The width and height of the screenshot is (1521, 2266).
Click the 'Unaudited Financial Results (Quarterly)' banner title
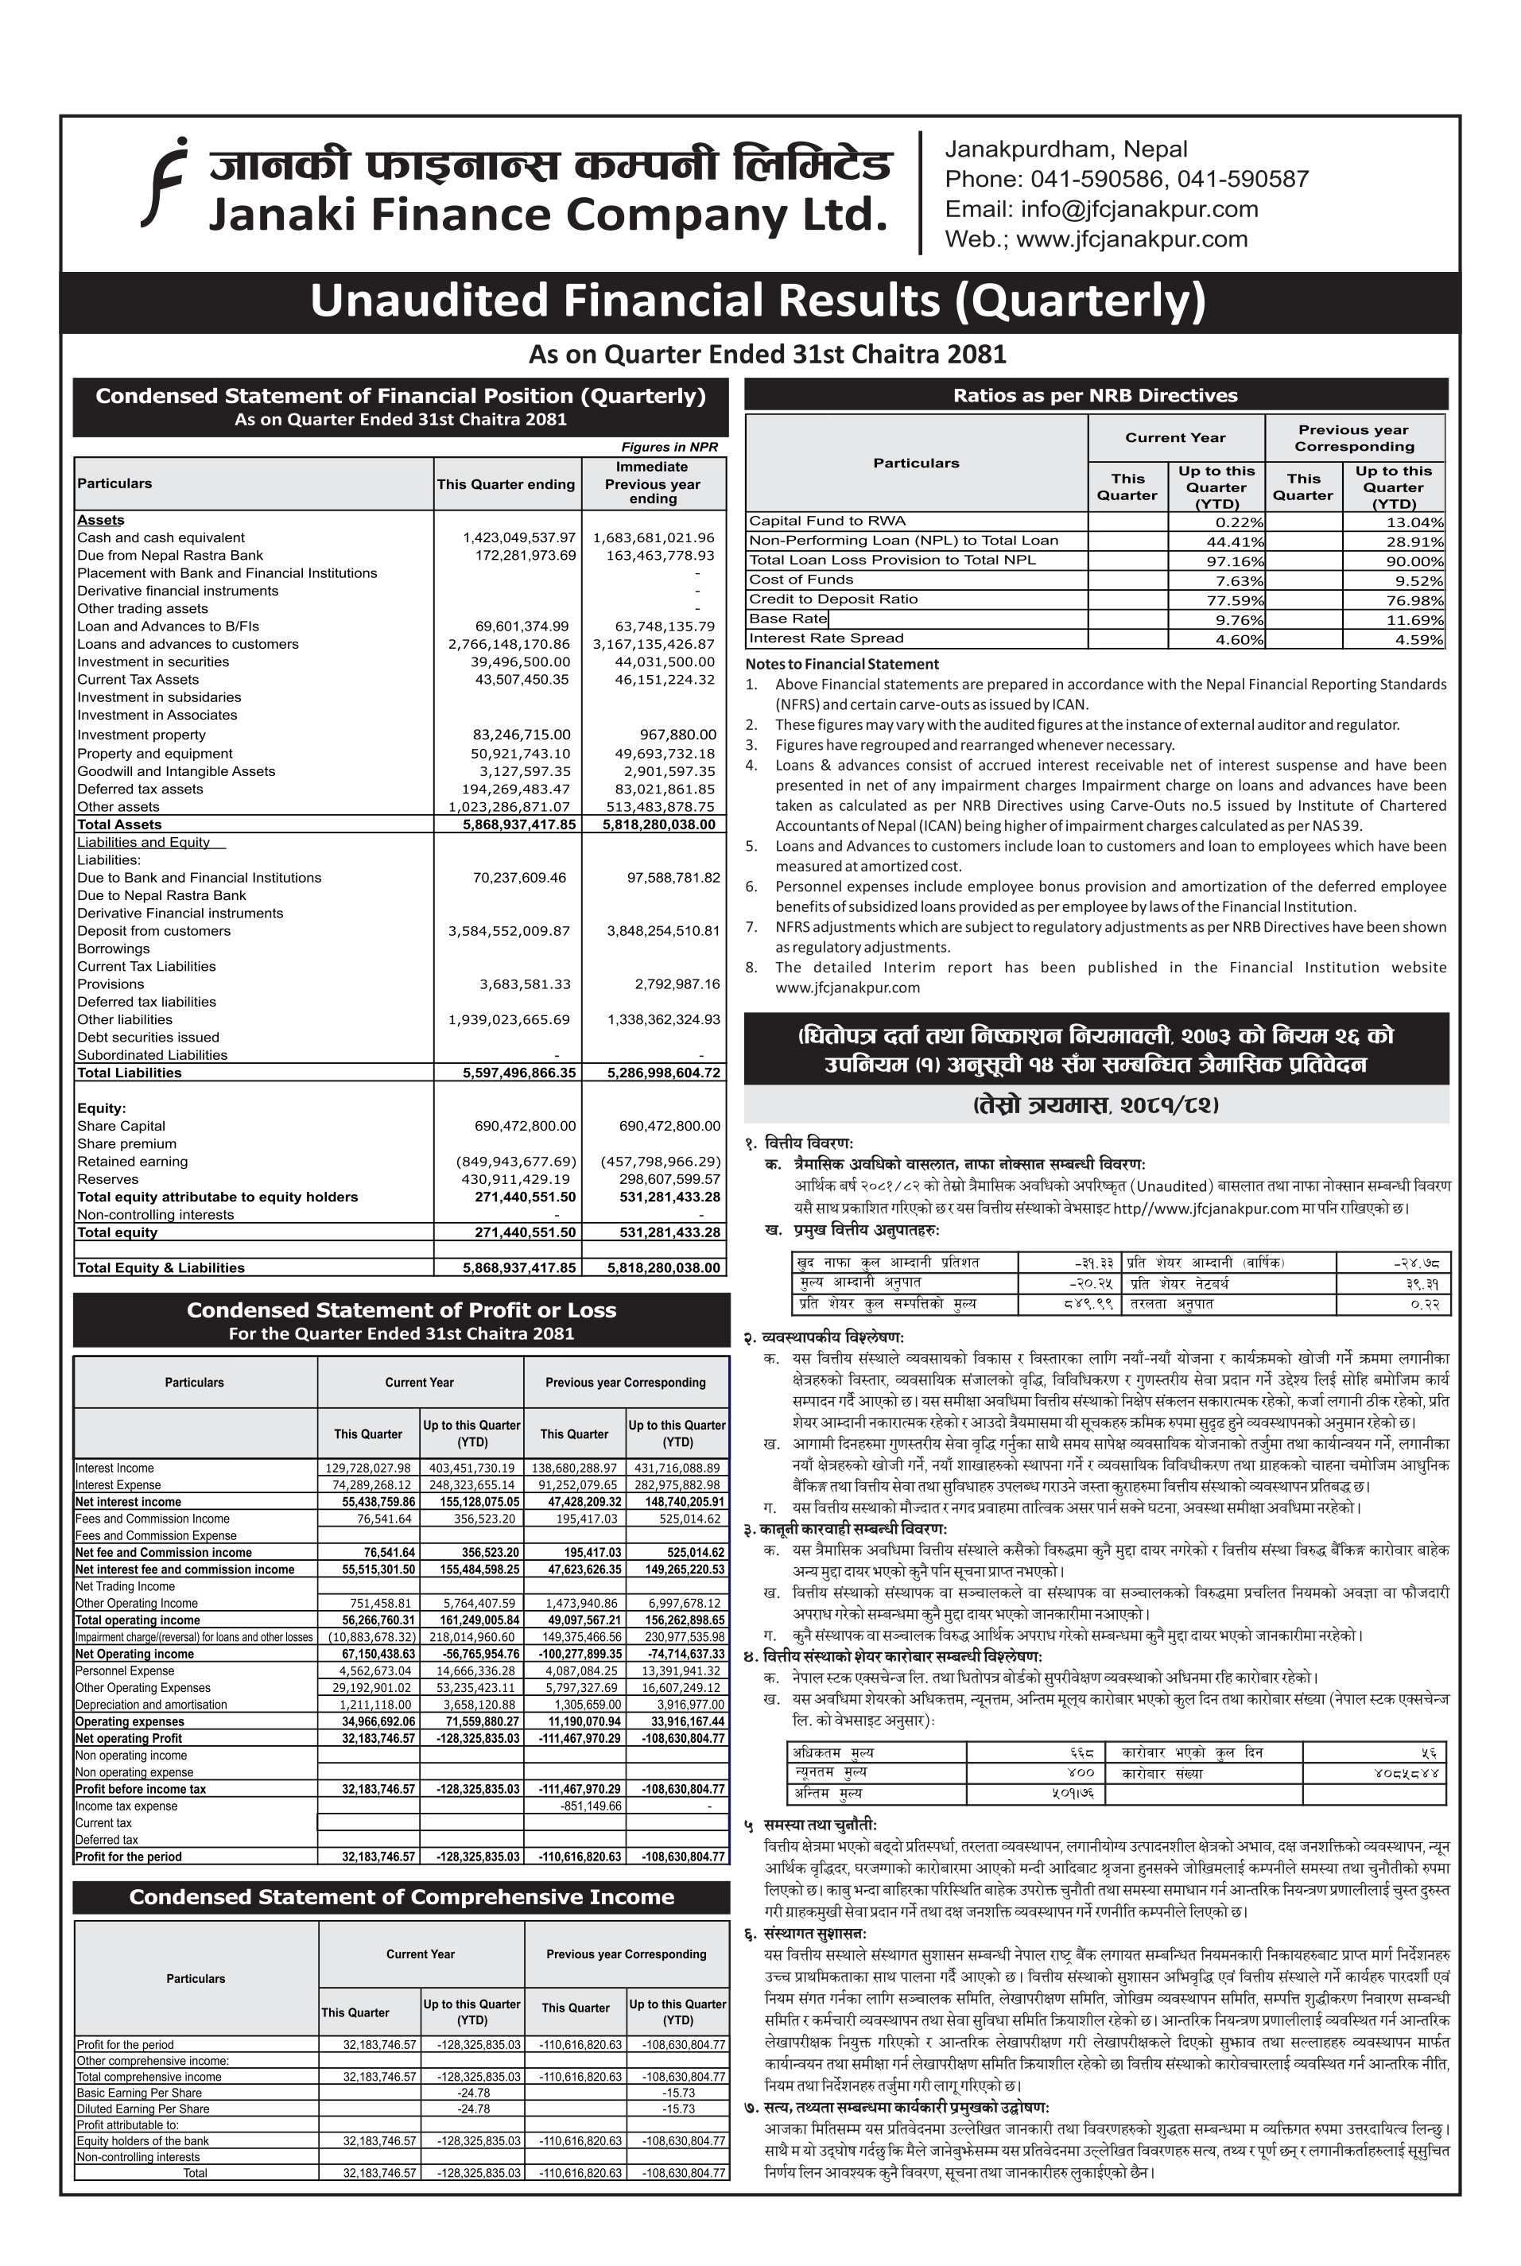pyautogui.click(x=758, y=301)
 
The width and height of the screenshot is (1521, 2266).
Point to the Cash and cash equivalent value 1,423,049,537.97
pyautogui.click(x=519, y=537)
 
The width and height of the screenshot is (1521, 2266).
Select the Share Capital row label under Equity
pyautogui.click(x=122, y=1126)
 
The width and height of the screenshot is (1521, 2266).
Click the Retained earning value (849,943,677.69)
pyautogui.click(x=516, y=1161)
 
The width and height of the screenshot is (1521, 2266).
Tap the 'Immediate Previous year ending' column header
pyautogui.click(x=653, y=483)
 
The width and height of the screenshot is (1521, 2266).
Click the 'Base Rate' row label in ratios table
pyautogui.click(x=788, y=619)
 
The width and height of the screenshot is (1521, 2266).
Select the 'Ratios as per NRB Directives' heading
pyautogui.click(x=1095, y=396)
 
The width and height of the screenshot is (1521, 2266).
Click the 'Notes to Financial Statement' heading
pyautogui.click(x=842, y=665)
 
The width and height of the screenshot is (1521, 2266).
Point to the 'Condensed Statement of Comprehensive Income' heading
pyautogui.click(x=402, y=1897)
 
